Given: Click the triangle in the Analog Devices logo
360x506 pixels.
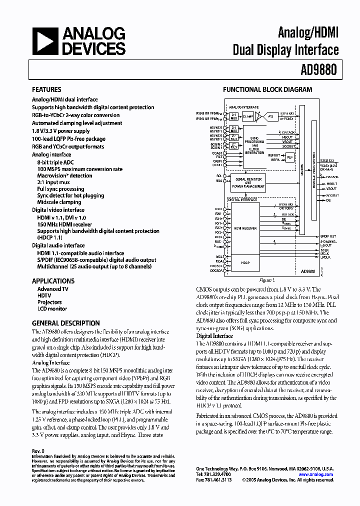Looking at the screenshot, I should (44, 41).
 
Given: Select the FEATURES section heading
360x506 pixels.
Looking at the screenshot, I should (46, 90).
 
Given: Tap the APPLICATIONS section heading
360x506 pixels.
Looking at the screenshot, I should (53, 281).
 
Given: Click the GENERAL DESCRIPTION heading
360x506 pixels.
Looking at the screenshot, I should (66, 323).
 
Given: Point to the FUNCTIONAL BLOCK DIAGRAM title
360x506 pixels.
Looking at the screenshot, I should (267, 90).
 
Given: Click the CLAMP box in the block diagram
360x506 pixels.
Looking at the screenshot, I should (248, 116).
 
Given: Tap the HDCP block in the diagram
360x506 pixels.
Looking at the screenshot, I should (245, 262).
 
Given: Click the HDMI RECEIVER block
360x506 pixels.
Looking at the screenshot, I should (245, 227).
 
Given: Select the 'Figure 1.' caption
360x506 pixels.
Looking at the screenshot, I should (267, 280).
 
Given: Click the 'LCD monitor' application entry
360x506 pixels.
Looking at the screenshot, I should (52, 308).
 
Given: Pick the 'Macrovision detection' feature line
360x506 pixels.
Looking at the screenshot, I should (64, 175).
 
